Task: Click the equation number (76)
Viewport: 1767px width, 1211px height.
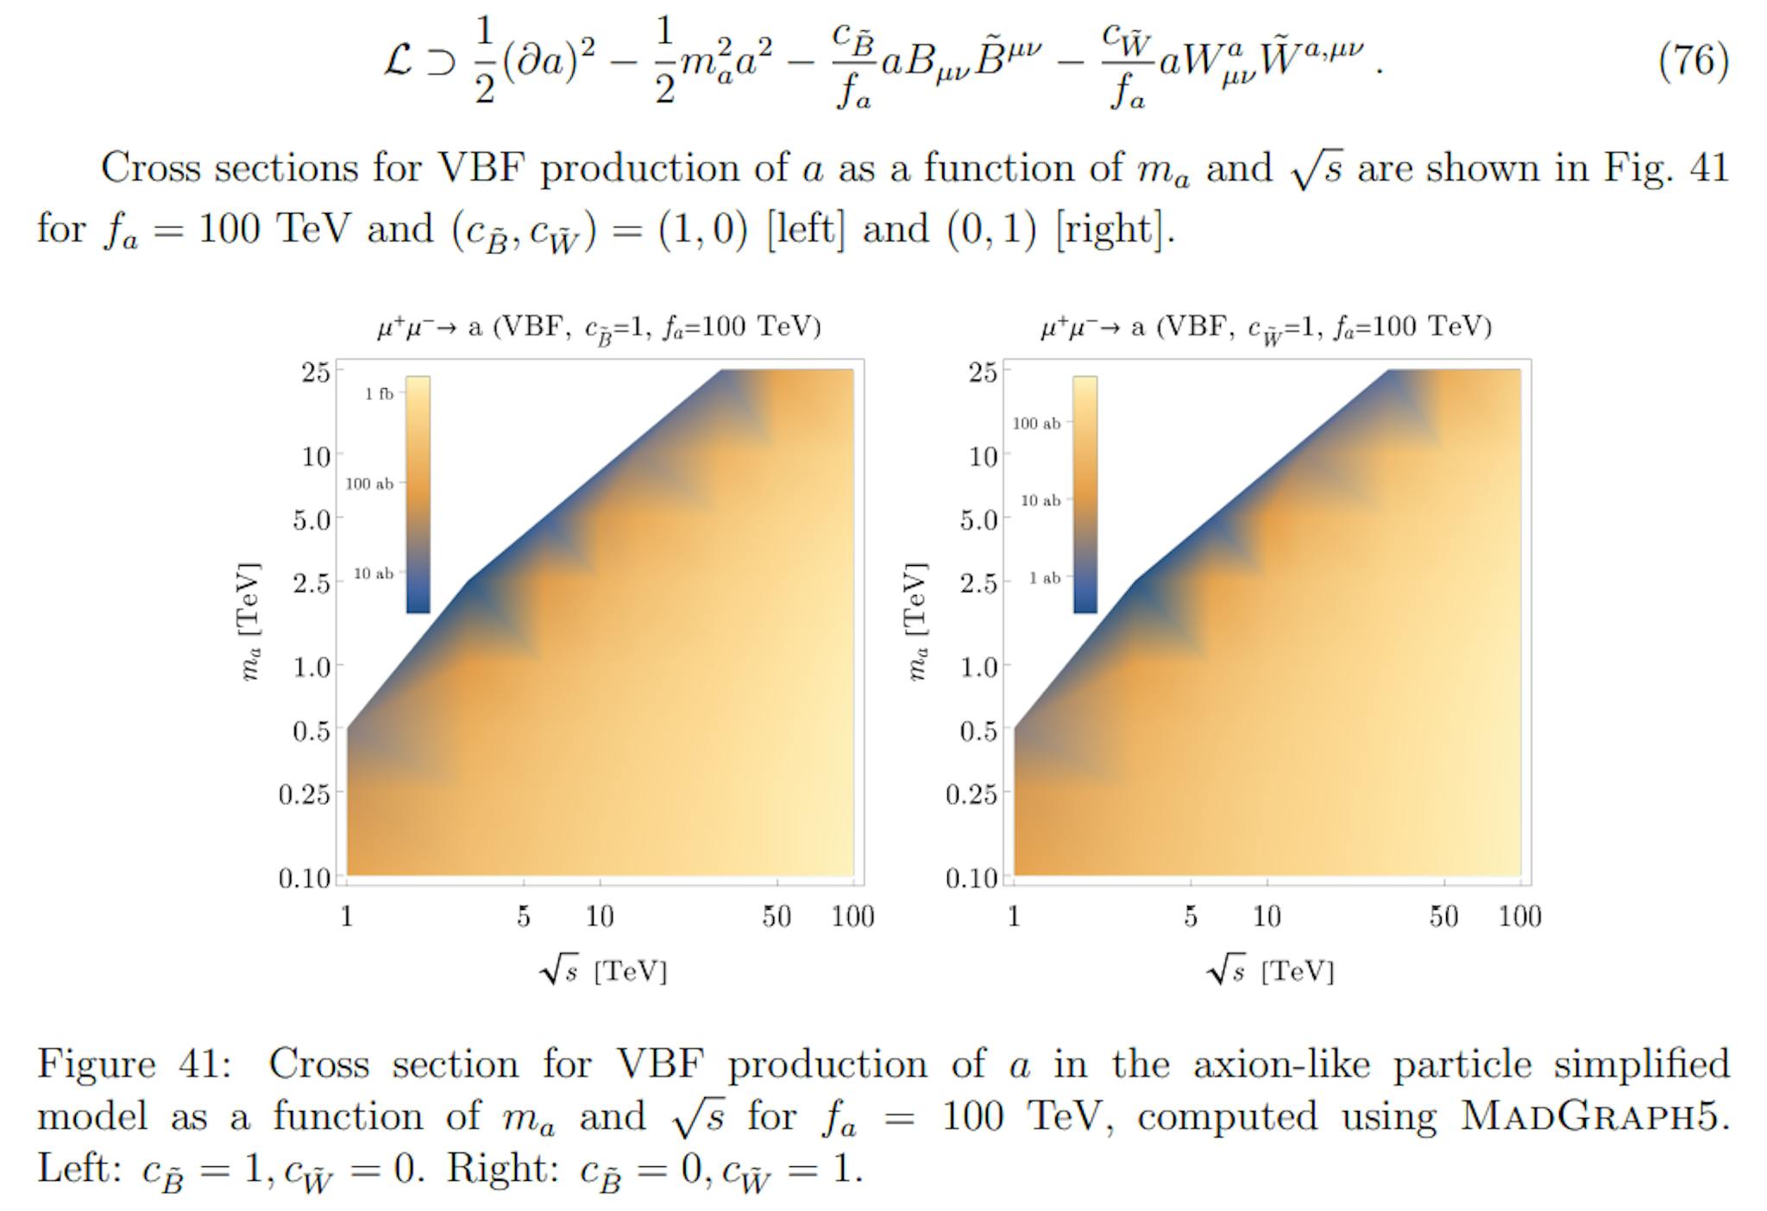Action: pos(1693,61)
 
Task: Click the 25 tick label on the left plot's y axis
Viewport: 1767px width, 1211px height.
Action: pos(316,373)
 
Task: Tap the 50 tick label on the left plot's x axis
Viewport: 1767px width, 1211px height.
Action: pos(777,917)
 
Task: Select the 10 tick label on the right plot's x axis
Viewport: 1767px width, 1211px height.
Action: pos(1267,917)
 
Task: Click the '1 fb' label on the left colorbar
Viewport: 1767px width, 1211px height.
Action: pos(379,394)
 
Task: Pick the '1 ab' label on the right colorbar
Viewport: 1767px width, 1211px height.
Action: pos(1044,578)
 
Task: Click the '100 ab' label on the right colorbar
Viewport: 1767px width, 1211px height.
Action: pos(1036,424)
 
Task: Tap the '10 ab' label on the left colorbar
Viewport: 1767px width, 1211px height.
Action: pos(374,574)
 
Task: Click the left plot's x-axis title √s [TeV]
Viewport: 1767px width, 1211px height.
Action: pos(604,971)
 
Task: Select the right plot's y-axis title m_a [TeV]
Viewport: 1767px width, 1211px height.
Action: pos(916,621)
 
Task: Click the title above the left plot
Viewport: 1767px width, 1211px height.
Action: pos(599,328)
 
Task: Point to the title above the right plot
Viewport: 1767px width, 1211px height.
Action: pos(1266,328)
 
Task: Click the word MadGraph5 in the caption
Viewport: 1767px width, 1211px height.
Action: pos(1594,1116)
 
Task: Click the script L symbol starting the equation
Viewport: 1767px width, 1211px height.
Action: pos(398,61)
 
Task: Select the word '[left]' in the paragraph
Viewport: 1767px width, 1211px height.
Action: pos(806,229)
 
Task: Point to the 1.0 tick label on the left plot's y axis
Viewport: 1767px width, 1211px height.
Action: pos(312,667)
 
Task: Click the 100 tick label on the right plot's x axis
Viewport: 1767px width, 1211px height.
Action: pos(1519,917)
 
